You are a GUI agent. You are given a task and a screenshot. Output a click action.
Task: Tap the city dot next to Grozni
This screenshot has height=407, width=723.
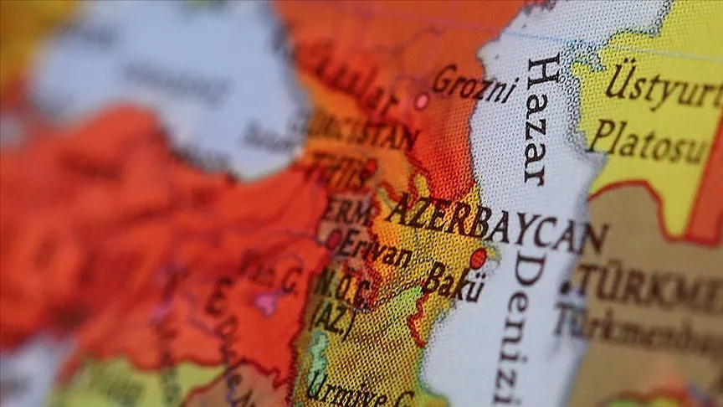tap(422, 100)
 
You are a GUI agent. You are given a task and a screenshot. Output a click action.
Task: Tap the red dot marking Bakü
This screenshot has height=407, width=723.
tap(478, 258)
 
